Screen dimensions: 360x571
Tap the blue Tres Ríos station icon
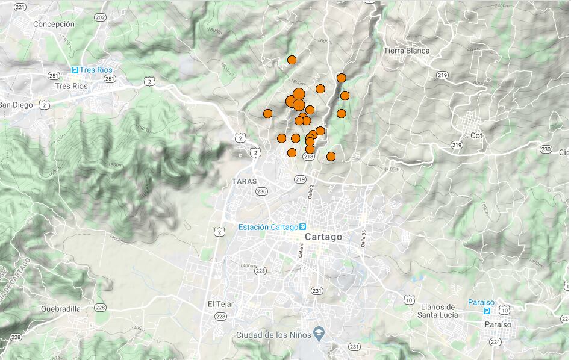tap(75, 70)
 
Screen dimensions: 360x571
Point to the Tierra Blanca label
tap(407, 51)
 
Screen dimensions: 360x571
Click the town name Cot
tap(477, 135)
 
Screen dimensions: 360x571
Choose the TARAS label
tap(244, 181)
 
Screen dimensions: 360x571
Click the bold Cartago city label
tap(323, 237)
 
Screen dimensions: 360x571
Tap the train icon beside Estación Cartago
tap(302, 227)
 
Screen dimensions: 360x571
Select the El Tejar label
tap(220, 304)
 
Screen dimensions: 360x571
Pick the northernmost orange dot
tap(292, 60)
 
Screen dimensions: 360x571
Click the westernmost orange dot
tap(268, 113)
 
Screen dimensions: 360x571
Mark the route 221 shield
tap(21, 7)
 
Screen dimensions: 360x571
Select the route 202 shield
tap(100, 17)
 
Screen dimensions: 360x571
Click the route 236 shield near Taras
tap(261, 191)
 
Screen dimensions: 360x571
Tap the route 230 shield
tap(546, 149)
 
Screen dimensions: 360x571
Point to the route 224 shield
tap(495, 341)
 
